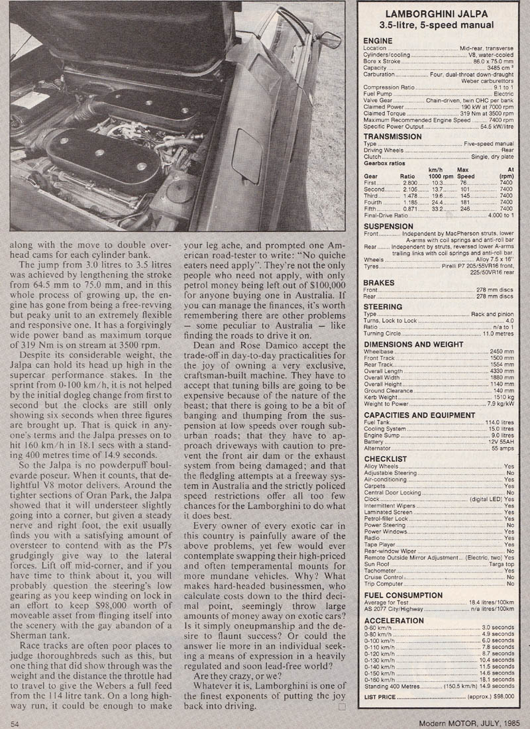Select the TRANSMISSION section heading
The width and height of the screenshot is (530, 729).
(x=393, y=137)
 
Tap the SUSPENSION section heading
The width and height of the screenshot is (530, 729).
(x=390, y=227)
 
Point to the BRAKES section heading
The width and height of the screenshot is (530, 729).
(x=380, y=282)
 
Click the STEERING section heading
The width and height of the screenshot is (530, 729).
(x=383, y=307)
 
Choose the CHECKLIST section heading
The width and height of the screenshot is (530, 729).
(x=385, y=459)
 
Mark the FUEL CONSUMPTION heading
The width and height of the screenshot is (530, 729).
(x=403, y=595)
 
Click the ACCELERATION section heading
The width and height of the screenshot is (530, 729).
(x=394, y=621)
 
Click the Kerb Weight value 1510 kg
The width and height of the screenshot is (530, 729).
(x=502, y=389)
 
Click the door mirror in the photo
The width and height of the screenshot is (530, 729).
(x=329, y=40)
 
